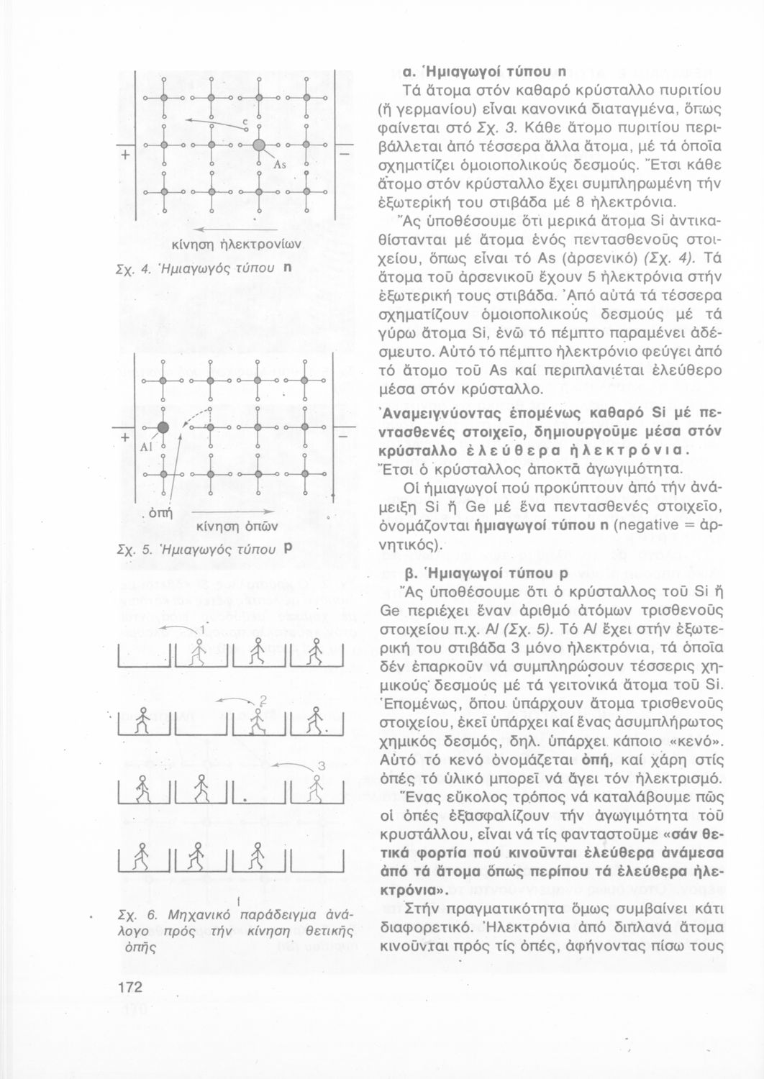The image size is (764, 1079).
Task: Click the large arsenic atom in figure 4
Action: (260, 146)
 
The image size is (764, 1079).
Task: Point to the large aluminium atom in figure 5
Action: (163, 428)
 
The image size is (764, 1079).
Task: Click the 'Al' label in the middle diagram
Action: (148, 447)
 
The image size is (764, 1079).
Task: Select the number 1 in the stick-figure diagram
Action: (203, 629)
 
